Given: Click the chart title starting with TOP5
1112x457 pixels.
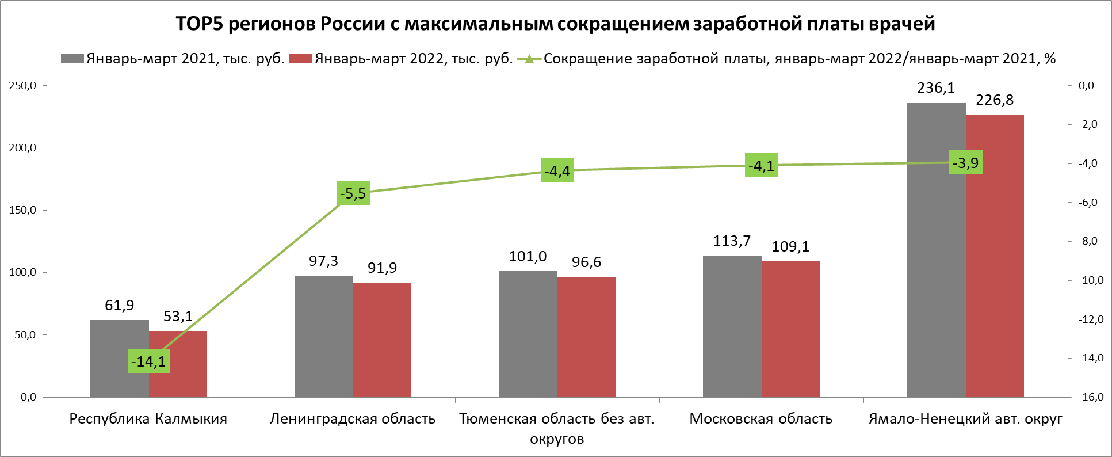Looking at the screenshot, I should pos(555,24).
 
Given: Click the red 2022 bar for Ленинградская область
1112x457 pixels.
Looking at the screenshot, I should pos(382,340).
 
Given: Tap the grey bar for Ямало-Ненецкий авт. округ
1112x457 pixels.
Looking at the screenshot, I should pos(936,250).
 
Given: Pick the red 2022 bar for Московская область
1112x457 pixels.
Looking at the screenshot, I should pos(790,329).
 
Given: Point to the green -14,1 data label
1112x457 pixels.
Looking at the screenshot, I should pos(148,361).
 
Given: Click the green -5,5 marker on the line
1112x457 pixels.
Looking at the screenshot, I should pos(353,193).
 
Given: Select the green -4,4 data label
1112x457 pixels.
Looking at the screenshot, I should pos(557,171).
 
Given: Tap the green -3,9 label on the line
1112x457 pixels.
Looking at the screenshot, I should pos(965,163).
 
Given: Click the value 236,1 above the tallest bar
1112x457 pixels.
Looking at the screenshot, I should pos(936,88).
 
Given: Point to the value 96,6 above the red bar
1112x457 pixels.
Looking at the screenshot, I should pos(586,262).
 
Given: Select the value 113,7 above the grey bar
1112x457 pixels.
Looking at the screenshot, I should pos(732,241).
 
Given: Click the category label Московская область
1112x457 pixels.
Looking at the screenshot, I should pos(761,419).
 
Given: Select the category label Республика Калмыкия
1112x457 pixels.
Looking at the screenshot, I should pos(148,419).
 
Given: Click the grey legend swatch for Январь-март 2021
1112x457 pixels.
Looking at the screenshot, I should pos(72,59).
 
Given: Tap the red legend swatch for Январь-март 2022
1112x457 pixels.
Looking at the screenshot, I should pos(300,59).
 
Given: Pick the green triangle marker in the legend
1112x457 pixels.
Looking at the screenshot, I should pos(529,59).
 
